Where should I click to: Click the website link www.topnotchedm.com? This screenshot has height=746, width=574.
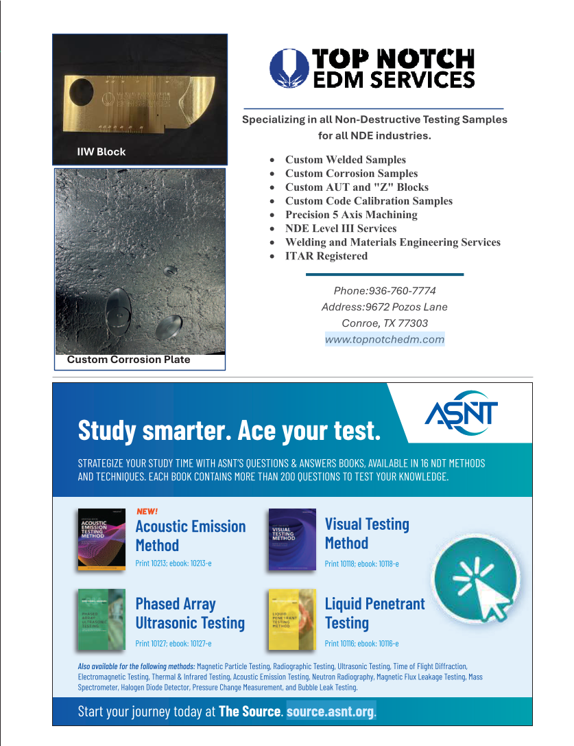(385, 339)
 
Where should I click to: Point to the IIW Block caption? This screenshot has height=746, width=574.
(101, 152)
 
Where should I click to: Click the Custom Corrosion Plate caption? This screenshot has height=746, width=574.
(128, 360)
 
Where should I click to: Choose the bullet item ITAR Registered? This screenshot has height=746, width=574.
(326, 256)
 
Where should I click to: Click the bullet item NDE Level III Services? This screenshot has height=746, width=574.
(341, 229)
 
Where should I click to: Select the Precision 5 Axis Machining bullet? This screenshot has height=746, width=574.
(351, 215)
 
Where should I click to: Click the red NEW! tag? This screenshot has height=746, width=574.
(147, 511)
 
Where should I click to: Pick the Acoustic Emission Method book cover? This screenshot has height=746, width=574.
(101, 539)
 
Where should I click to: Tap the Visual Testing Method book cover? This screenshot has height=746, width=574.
(292, 539)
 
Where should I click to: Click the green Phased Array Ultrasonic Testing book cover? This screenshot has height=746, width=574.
(101, 619)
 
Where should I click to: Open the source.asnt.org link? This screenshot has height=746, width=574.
(331, 711)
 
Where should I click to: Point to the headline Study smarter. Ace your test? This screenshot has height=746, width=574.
(229, 430)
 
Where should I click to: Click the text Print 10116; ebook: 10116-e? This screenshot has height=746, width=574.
(361, 644)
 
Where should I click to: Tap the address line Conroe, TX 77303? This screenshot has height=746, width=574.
(385, 323)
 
